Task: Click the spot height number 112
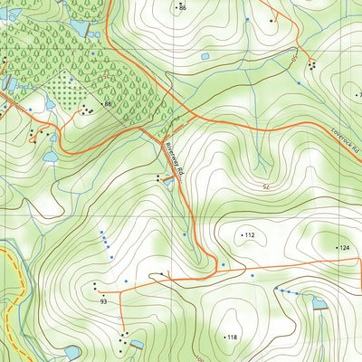click(251, 235)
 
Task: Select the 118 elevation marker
click(232, 337)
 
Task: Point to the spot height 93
click(104, 300)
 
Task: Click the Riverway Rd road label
click(175, 158)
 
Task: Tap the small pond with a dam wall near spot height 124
click(318, 303)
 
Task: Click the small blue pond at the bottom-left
click(72, 351)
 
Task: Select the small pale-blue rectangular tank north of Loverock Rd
click(205, 57)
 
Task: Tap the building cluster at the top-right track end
click(312, 64)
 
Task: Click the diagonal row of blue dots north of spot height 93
click(104, 243)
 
